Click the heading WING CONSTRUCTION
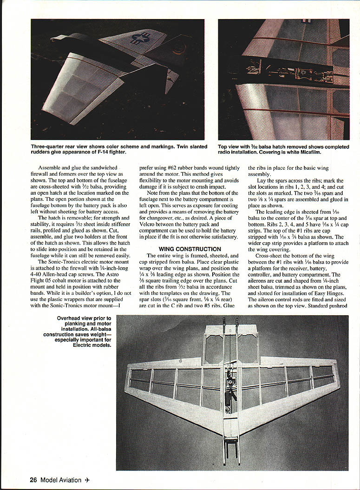point(190,249)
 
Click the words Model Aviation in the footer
point(60,480)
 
